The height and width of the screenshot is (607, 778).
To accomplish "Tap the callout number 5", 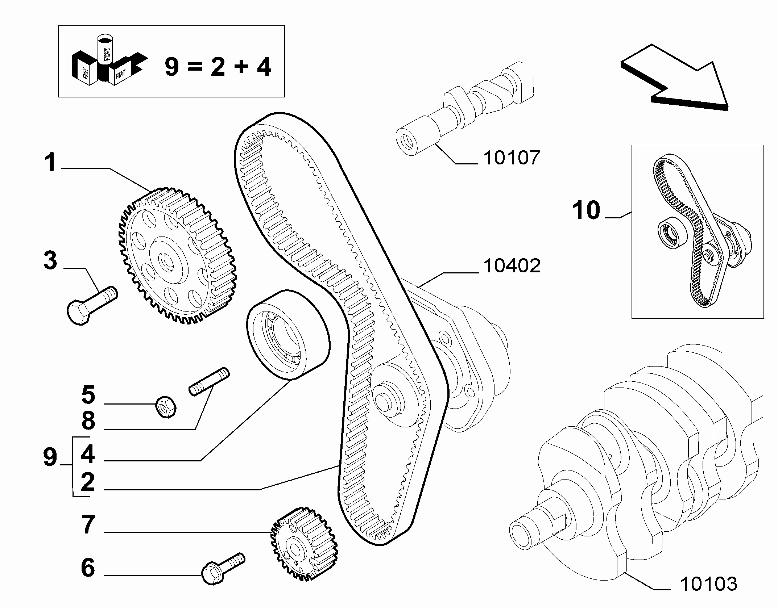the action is click(x=88, y=395).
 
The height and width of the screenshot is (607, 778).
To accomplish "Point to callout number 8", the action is click(x=88, y=421).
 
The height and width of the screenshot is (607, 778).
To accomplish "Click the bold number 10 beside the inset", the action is click(x=586, y=210).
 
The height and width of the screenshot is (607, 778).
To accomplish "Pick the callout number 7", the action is click(x=88, y=525).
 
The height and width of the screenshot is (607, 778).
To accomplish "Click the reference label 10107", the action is click(x=512, y=158).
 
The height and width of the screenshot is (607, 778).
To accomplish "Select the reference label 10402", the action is click(x=512, y=266).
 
